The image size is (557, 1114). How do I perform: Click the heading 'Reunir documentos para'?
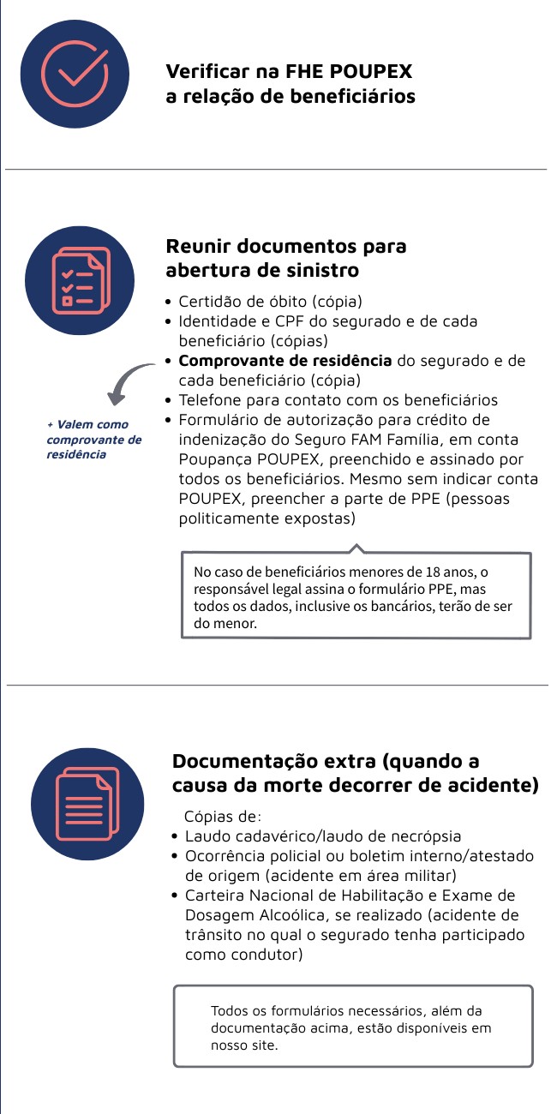coord(285,247)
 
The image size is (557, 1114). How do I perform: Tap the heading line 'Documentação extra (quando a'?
coord(326,761)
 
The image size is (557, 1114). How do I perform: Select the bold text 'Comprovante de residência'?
coord(284,361)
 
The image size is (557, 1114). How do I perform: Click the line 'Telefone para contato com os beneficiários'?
coord(338,400)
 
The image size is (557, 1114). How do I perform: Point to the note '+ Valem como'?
coord(87,424)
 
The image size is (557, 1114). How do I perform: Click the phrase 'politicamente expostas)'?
coord(267,518)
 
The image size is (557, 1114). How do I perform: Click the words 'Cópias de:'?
coord(223,816)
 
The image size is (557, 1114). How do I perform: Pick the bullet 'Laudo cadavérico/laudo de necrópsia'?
coord(323,836)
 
